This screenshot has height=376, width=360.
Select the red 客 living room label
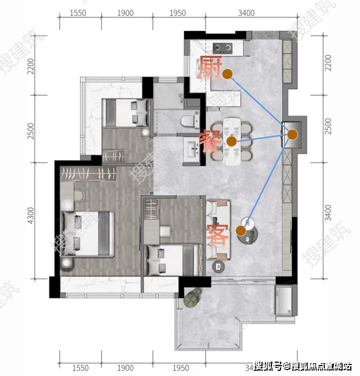218,234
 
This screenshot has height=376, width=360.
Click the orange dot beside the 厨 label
228,74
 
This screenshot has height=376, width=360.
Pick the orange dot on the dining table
232,141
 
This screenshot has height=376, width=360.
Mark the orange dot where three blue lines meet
293,135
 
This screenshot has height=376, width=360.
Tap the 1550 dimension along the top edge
77,13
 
